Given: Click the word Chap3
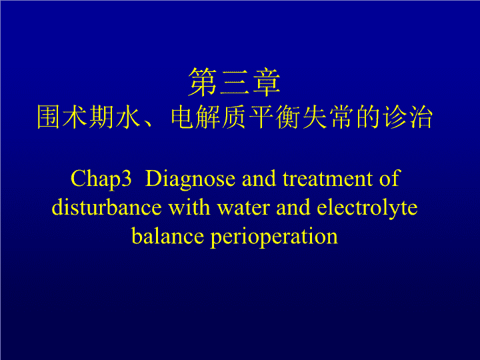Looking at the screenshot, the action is click(x=101, y=179).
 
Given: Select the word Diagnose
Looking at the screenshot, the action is click(x=190, y=179).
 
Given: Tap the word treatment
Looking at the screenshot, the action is click(x=327, y=179).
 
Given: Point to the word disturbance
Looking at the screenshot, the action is click(x=107, y=207).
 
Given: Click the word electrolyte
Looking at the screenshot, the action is click(x=367, y=208).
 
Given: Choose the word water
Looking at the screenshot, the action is click(x=243, y=208).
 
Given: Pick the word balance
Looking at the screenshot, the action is click(x=167, y=236).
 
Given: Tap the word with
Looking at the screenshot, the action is click(x=189, y=207).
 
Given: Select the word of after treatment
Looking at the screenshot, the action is click(x=390, y=178).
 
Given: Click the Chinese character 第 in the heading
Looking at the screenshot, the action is click(x=203, y=82).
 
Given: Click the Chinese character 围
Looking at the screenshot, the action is click(x=48, y=117).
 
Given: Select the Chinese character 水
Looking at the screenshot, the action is click(x=128, y=117).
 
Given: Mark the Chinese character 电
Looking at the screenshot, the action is click(x=182, y=117).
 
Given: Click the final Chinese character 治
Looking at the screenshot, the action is click(x=421, y=117).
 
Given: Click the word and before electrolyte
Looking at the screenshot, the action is click(x=293, y=207).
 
